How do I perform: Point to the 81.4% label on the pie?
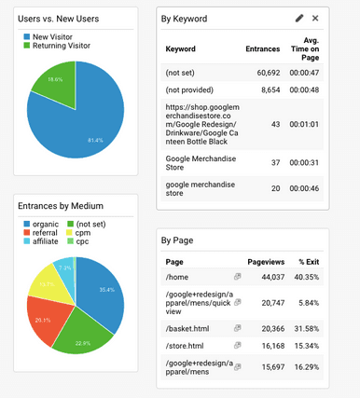[94, 139]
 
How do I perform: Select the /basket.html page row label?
[186, 326]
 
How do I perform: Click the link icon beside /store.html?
[238, 345]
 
